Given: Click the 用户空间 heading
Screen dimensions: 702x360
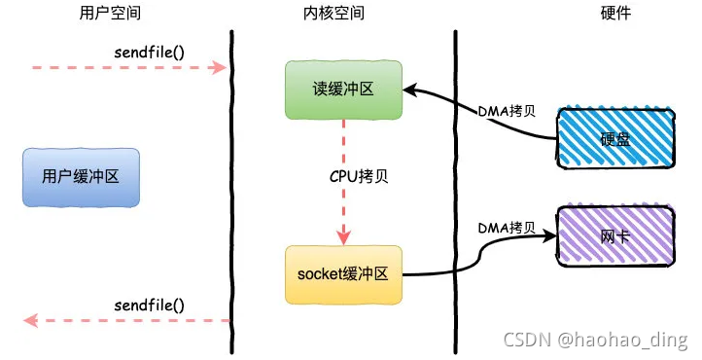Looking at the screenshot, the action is tap(110, 13).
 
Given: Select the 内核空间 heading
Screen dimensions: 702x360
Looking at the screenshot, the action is tap(333, 13).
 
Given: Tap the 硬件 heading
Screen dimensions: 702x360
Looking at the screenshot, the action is tap(615, 13).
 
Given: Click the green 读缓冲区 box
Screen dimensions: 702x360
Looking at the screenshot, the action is tap(343, 90).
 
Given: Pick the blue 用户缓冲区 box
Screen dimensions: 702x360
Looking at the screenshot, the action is tap(81, 177).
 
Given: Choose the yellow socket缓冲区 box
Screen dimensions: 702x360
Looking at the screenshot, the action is tap(343, 274).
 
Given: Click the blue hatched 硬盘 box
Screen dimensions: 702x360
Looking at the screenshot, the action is tap(615, 138).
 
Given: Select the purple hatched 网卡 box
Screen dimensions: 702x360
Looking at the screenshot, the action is tap(615, 235).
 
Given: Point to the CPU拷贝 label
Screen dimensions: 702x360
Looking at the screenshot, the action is tap(359, 176).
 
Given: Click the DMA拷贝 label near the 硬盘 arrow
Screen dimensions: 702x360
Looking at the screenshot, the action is tap(507, 111).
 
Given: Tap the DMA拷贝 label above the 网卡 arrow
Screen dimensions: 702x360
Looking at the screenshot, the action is tap(507, 228).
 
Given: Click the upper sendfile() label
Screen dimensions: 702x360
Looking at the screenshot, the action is tap(149, 53).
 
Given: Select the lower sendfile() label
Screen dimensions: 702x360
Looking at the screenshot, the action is tap(149, 306).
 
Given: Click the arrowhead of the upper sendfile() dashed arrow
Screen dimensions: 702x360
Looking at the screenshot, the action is tap(220, 67).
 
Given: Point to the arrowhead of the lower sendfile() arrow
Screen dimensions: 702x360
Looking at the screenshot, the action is tap(30, 321).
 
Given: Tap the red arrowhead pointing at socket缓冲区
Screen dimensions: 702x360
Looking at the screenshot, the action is tap(343, 237).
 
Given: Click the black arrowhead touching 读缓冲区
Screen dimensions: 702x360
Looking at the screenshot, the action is tap(410, 90).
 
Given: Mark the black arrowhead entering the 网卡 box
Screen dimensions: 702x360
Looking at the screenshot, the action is tap(549, 235).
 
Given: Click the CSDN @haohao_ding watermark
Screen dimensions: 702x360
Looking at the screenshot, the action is tap(595, 340).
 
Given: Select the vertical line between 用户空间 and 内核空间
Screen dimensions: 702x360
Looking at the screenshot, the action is tap(232, 192).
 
